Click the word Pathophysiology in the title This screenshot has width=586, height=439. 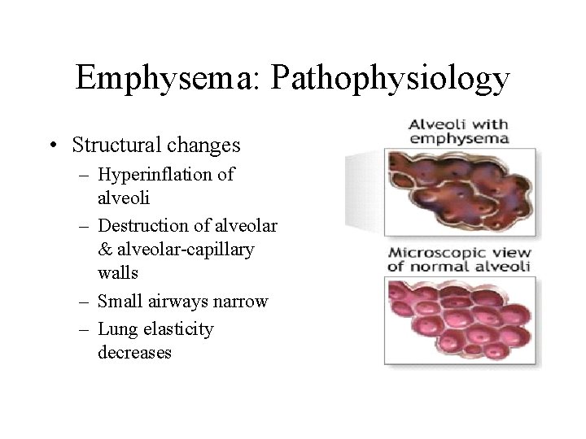pyautogui.click(x=391, y=79)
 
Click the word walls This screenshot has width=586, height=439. pyautogui.click(x=118, y=273)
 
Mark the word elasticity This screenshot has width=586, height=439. pyautogui.click(x=177, y=329)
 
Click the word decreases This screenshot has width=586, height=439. pyautogui.click(x=134, y=353)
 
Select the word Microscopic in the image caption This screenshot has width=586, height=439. pyautogui.click(x=432, y=252)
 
